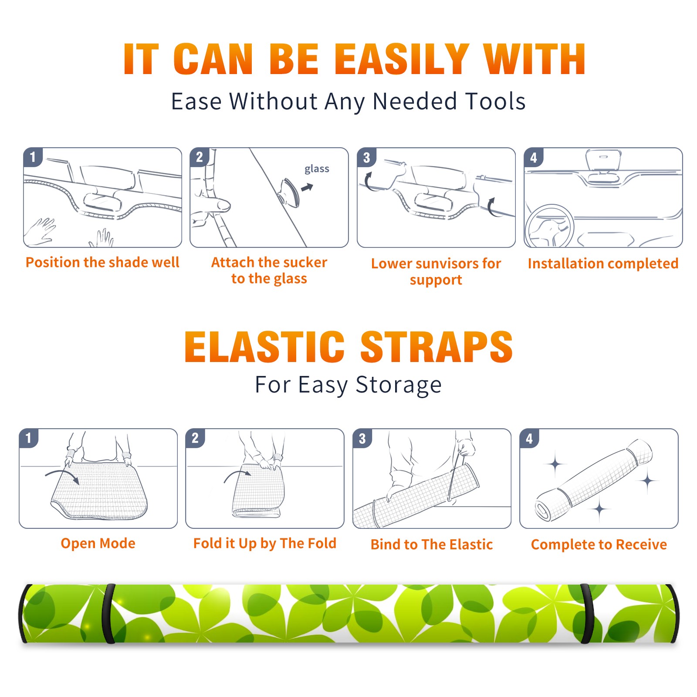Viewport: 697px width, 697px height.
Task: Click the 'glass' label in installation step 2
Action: [x=317, y=169]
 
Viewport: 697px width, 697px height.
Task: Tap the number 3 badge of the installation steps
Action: [x=366, y=157]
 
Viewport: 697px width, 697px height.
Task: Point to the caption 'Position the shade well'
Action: [x=102, y=262]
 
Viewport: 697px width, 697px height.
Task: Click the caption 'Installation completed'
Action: [x=603, y=263]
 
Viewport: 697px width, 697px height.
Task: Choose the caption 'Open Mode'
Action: [x=98, y=543]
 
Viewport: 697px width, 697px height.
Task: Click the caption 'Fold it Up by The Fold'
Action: [x=265, y=544]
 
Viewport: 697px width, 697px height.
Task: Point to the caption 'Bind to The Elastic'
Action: [x=432, y=545]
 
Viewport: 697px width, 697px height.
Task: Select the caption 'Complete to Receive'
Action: [x=599, y=545]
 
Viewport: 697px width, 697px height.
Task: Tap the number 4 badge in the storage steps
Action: [x=529, y=438]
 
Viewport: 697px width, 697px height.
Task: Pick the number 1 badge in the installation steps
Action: [x=33, y=156]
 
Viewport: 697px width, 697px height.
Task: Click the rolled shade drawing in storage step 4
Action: [x=593, y=480]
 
